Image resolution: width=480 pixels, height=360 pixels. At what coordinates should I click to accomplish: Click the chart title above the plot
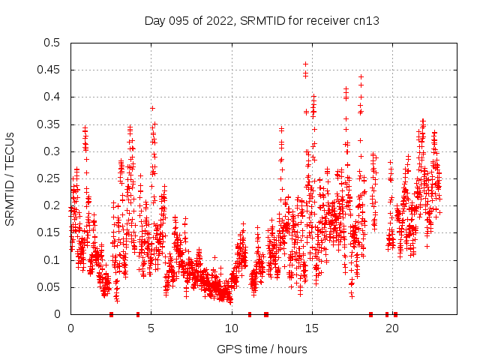[262, 21]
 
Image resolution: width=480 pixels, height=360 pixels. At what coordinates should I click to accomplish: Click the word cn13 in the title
[367, 21]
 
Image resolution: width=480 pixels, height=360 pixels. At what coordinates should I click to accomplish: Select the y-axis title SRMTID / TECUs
[10, 178]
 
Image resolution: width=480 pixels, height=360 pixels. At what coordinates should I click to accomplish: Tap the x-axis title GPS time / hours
[262, 349]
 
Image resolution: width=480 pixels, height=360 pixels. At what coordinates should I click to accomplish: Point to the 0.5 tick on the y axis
[52, 43]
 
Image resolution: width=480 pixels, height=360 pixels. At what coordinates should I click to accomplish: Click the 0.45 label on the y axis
[49, 70]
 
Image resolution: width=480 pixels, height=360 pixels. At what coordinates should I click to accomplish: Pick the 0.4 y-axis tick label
[52, 97]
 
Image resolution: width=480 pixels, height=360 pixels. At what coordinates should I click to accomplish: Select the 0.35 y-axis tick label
[49, 124]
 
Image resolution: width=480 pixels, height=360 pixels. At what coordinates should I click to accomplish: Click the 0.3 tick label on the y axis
[52, 151]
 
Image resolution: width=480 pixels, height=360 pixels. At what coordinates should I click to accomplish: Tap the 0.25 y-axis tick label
[49, 178]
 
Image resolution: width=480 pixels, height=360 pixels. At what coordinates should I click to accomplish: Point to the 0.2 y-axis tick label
[52, 205]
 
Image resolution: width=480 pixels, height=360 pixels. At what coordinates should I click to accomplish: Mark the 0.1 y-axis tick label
[52, 260]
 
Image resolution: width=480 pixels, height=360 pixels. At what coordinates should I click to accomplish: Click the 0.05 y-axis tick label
[49, 287]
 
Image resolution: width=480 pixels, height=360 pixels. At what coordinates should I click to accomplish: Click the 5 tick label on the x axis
[151, 328]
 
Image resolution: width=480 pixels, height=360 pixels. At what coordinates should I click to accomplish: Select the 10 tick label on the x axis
[231, 328]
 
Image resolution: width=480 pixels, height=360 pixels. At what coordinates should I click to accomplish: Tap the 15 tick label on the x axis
[311, 328]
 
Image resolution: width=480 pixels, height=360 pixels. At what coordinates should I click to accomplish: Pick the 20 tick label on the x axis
[391, 328]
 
